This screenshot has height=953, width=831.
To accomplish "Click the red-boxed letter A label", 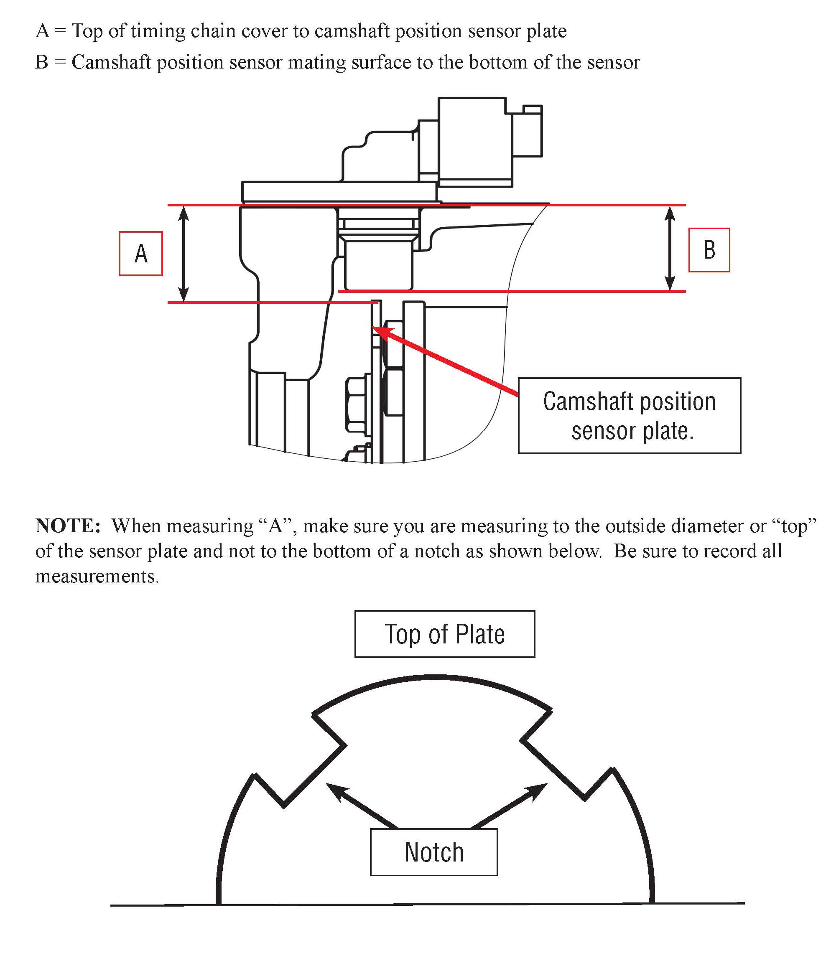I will click(x=140, y=254).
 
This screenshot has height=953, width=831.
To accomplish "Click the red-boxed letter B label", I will click(x=709, y=250).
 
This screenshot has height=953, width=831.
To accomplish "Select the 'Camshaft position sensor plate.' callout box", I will click(x=629, y=415).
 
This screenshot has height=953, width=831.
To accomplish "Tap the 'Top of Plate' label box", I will click(x=445, y=634).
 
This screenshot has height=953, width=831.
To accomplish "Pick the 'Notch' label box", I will click(x=433, y=852).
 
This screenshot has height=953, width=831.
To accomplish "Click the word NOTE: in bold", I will click(x=68, y=526).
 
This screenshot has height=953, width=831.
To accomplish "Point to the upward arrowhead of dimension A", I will click(x=184, y=212).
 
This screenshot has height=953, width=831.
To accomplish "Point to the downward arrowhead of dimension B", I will click(x=670, y=284).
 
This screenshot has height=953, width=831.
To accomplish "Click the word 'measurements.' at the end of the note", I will click(x=97, y=576).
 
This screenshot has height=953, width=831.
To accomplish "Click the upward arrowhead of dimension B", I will click(x=670, y=212).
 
